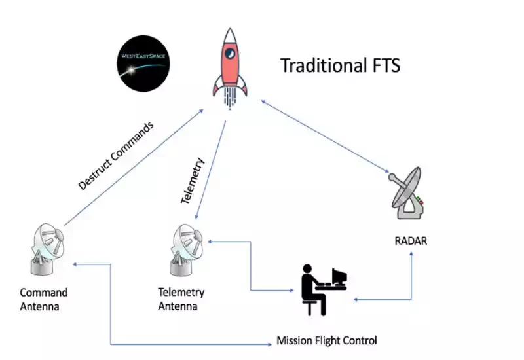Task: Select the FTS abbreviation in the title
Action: pyautogui.click(x=383, y=66)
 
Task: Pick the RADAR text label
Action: pyautogui.click(x=410, y=241)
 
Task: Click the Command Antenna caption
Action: pyautogui.click(x=43, y=299)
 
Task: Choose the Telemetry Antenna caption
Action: pyautogui.click(x=181, y=299)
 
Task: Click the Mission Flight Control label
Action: pyautogui.click(x=326, y=340)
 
